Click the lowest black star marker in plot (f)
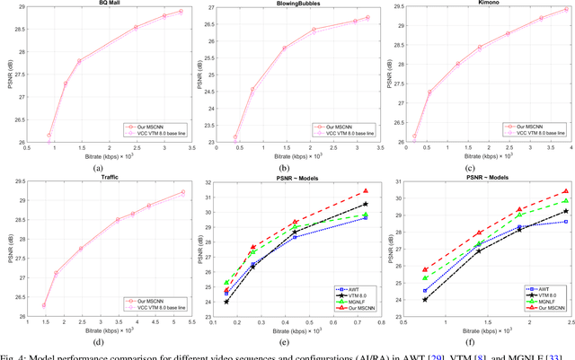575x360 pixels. [425, 299]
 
